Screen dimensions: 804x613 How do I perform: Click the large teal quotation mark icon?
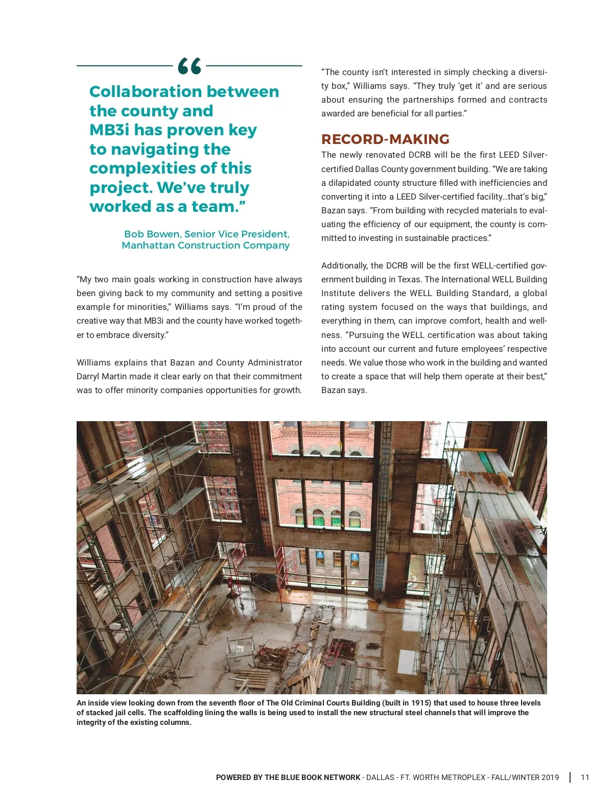click(x=190, y=66)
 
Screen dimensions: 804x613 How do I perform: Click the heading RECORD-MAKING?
click(x=385, y=139)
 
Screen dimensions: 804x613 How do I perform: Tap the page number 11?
click(x=585, y=777)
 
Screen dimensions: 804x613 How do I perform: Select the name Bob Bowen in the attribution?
click(x=152, y=234)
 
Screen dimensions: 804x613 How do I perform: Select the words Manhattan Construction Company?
click(x=205, y=245)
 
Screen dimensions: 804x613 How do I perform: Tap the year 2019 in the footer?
click(x=550, y=777)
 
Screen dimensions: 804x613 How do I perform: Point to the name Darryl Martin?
click(x=100, y=376)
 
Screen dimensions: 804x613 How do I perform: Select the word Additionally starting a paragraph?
click(x=344, y=265)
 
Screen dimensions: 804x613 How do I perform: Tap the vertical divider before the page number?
click(x=570, y=777)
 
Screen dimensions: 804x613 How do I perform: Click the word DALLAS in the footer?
click(x=381, y=777)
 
